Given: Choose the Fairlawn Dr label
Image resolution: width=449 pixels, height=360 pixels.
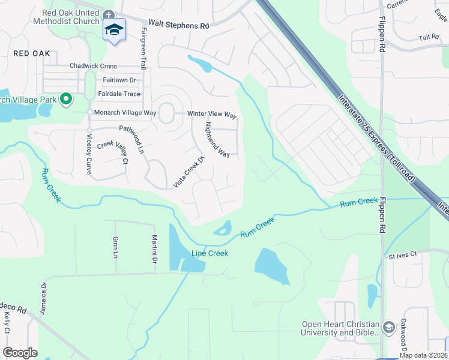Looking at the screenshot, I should click(x=119, y=80).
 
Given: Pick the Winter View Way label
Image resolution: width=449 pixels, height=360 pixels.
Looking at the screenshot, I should click(x=212, y=114).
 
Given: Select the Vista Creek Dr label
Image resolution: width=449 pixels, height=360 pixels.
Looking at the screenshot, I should click(x=190, y=172).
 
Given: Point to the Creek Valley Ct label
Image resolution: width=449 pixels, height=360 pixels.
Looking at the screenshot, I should click(x=113, y=152).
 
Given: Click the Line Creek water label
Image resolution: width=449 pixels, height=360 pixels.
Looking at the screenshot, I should click(x=209, y=253).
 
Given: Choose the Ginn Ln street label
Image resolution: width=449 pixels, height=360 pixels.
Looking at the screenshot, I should click(x=116, y=247).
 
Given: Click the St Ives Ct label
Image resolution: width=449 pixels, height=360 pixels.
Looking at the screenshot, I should click(x=402, y=256).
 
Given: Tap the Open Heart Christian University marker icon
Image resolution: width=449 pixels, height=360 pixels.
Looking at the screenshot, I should click(x=389, y=328).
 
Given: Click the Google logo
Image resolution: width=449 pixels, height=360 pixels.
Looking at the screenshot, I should click(x=20, y=353).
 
